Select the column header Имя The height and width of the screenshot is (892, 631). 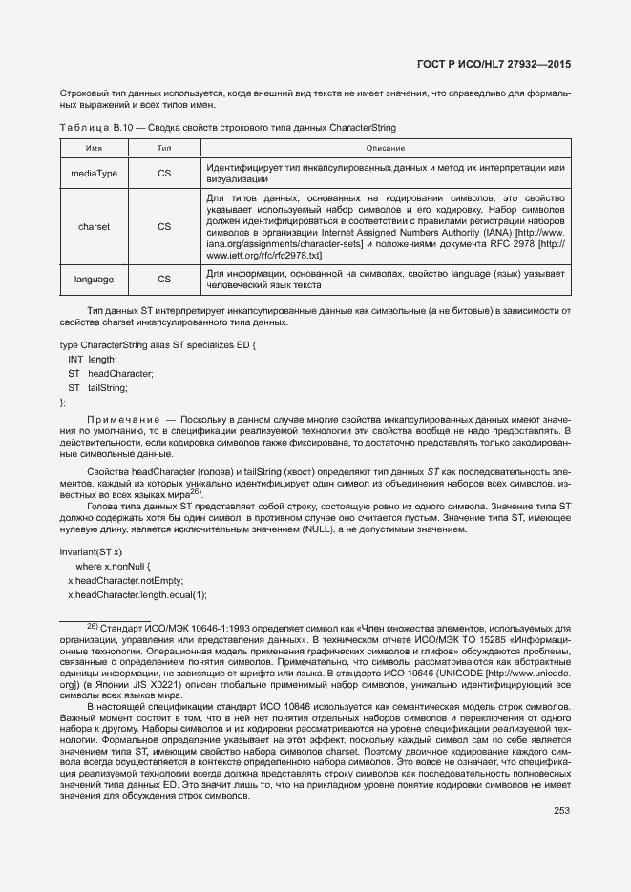[x=95, y=148]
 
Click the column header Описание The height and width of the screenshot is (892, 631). [x=385, y=148]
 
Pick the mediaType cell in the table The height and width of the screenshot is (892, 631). [x=95, y=173]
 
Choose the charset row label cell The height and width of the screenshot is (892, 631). [x=95, y=227]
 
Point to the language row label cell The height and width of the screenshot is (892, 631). [x=95, y=280]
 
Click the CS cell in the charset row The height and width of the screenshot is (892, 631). [x=164, y=227]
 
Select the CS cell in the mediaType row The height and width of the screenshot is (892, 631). [x=164, y=173]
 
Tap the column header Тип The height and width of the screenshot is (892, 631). [x=164, y=148]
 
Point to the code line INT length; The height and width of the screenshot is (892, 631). [x=92, y=359]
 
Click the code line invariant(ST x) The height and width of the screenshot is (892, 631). [x=92, y=551]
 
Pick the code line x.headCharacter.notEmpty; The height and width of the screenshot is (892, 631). [x=125, y=581]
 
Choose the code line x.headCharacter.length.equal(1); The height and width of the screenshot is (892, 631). [x=137, y=595]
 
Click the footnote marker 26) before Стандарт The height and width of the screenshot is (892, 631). [x=94, y=626]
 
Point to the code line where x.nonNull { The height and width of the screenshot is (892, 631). [x=120, y=567]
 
